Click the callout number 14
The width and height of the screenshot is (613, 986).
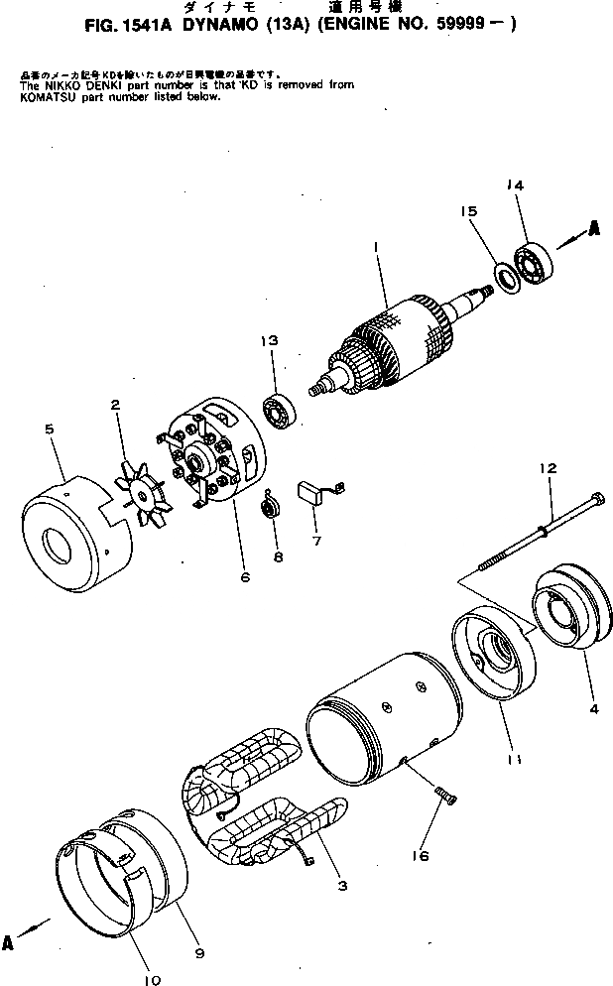[x=517, y=185]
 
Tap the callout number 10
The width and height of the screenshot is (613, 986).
[x=152, y=980]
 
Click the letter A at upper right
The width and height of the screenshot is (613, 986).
[x=594, y=228]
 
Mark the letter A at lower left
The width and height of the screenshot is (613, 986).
[x=9, y=943]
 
